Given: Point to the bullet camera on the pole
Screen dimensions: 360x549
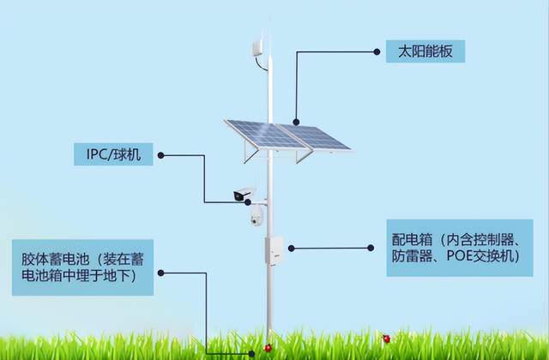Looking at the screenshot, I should [245, 194].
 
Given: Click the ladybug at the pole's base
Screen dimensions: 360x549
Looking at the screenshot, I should [268, 347].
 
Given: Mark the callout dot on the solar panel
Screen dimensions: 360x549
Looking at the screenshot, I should [297, 123].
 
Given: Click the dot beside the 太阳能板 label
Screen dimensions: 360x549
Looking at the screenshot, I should [376, 51].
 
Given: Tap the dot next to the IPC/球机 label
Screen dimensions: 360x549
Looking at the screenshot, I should [162, 156].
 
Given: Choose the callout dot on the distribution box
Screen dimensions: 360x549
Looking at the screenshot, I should [292, 248].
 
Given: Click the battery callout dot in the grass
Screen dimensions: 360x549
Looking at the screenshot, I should [251, 354].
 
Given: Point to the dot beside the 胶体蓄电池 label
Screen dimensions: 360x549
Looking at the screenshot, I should [164, 273].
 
